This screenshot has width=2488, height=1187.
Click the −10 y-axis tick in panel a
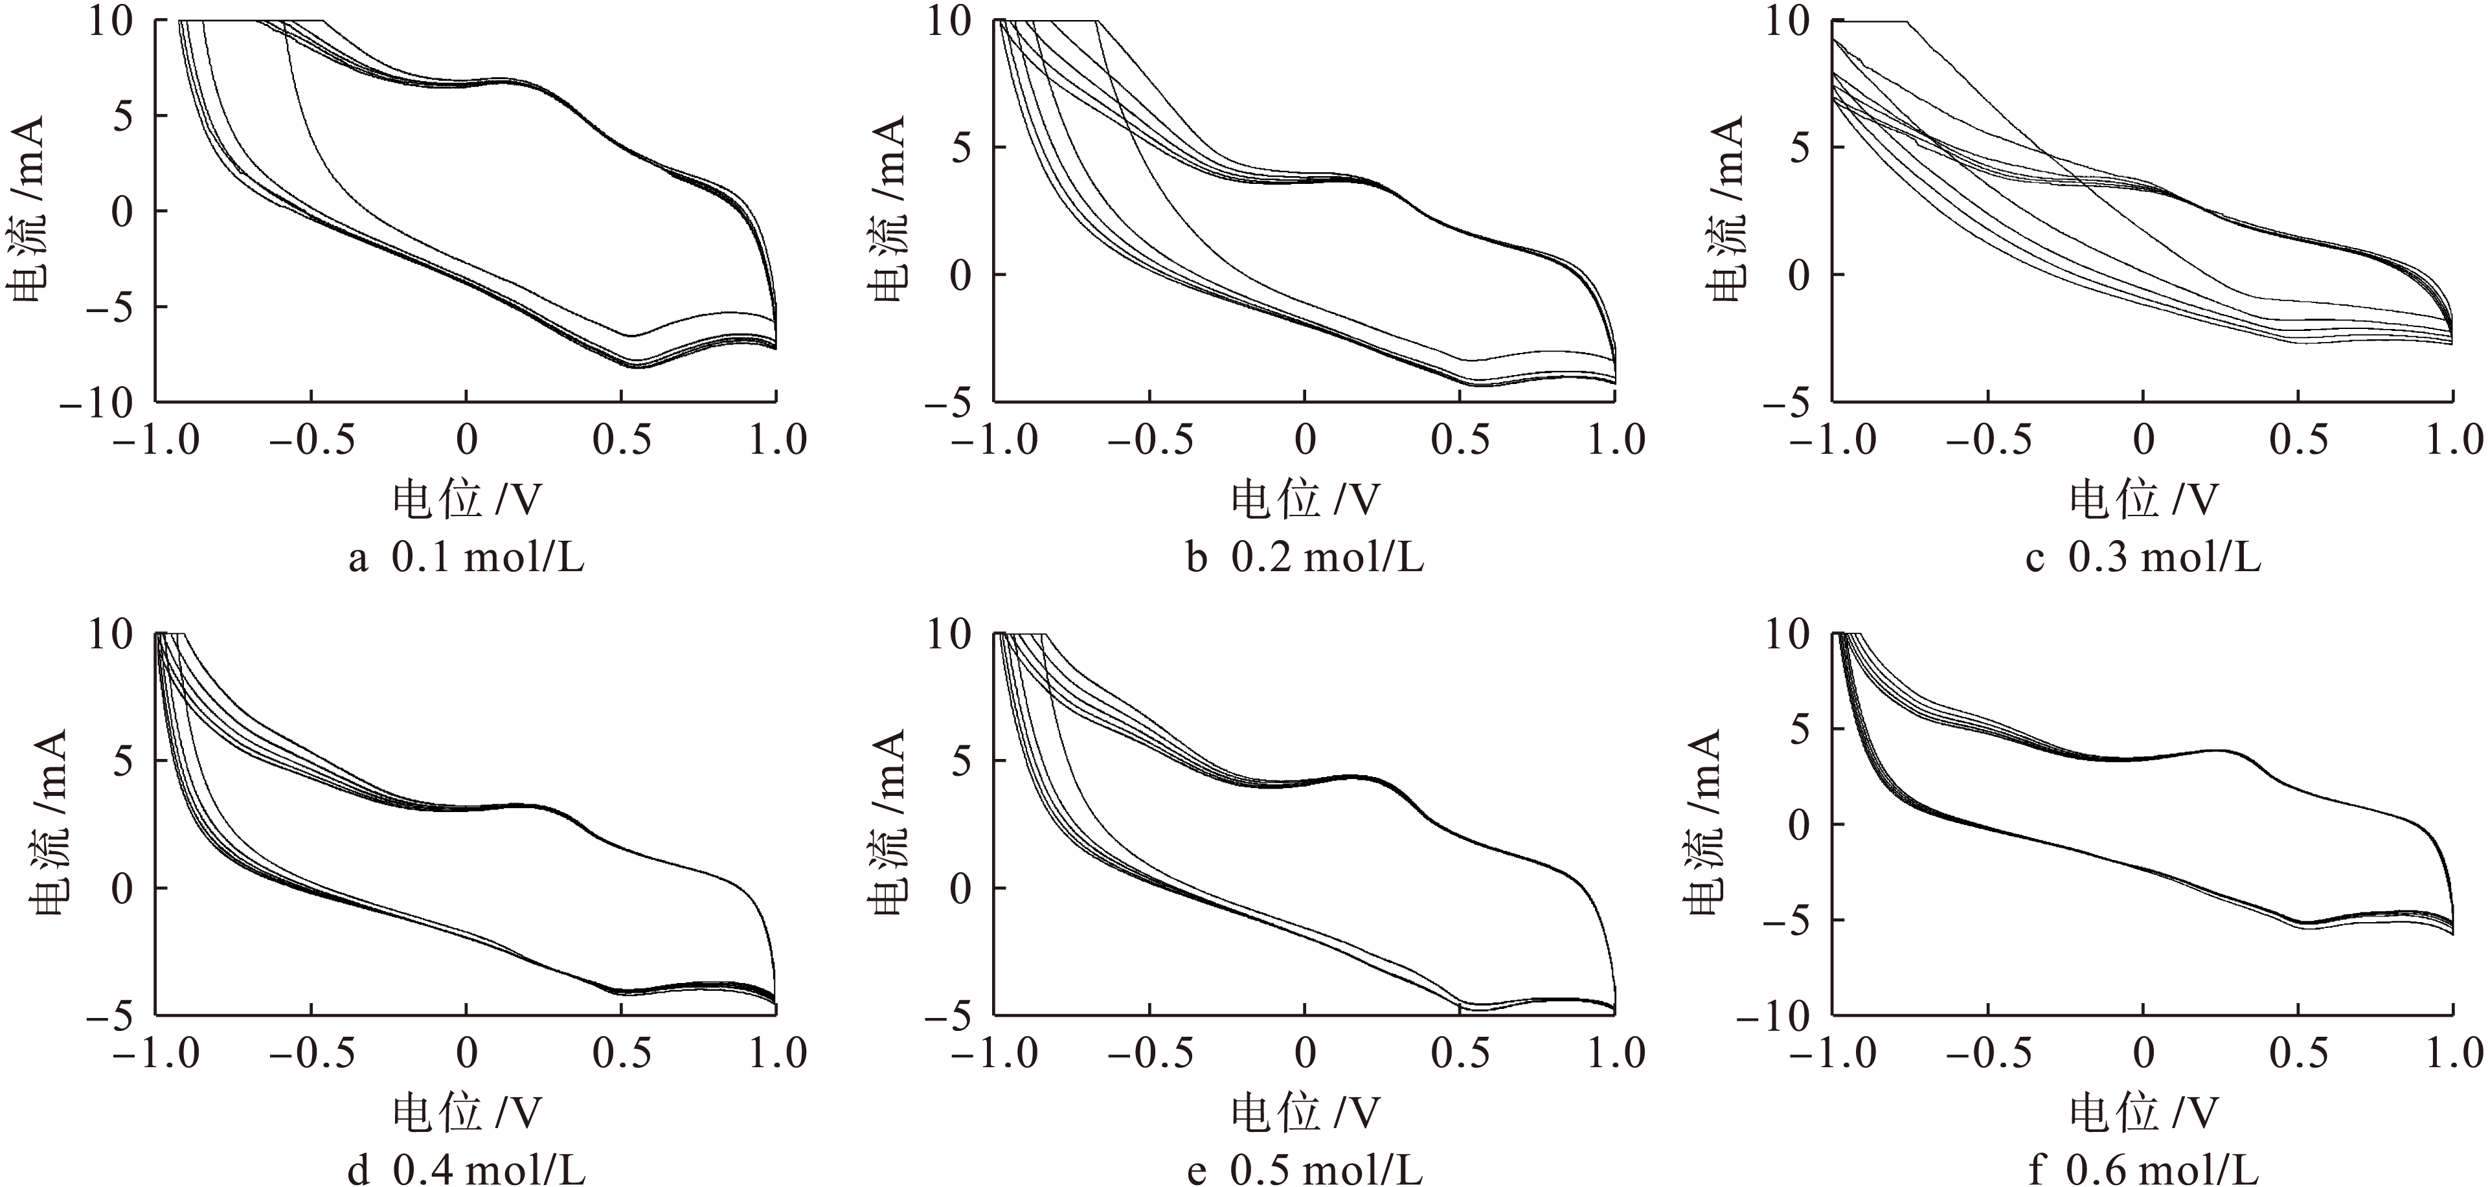click(x=100, y=403)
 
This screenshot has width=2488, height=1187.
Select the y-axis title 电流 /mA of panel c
click(x=1728, y=210)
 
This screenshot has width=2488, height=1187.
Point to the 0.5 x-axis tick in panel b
click(x=1460, y=440)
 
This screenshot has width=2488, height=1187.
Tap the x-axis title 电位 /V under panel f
click(x=2143, y=1113)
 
